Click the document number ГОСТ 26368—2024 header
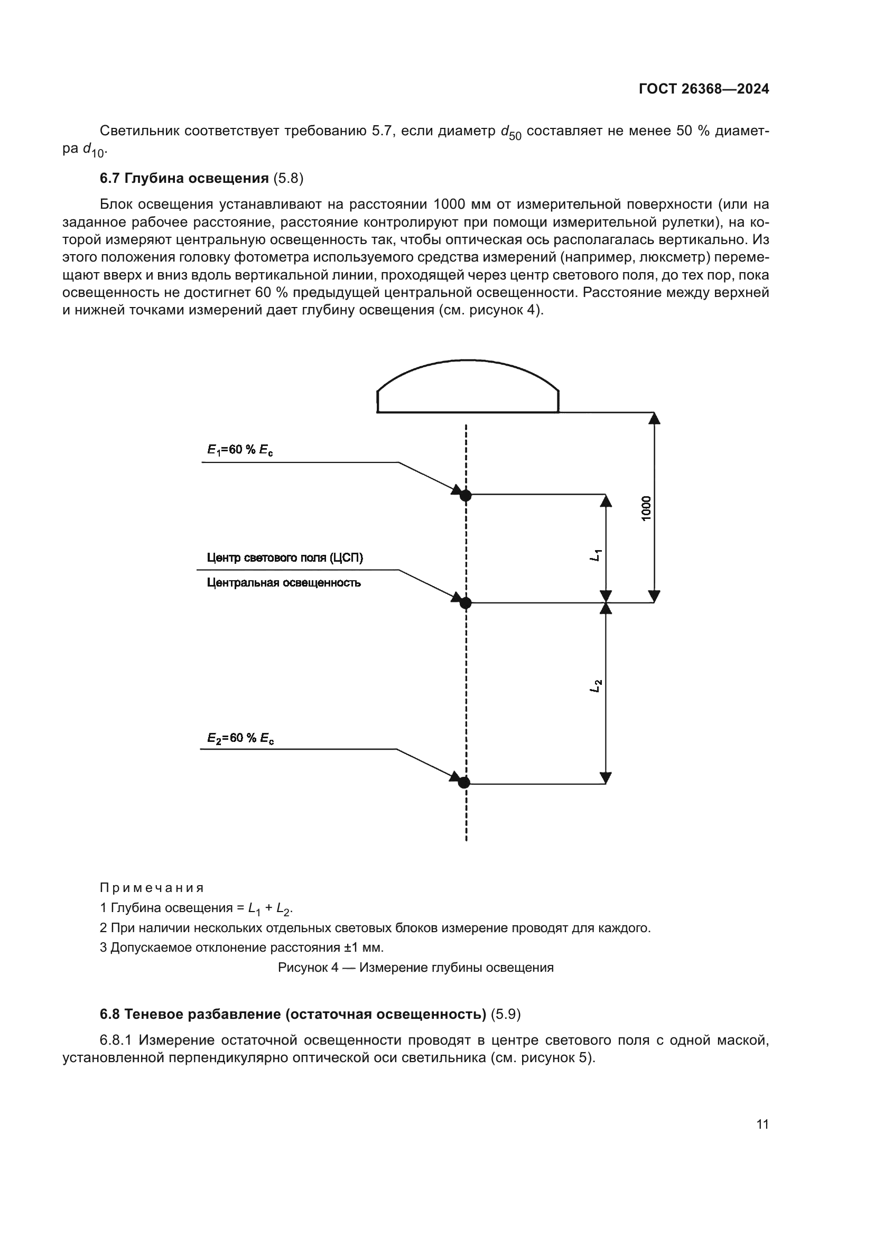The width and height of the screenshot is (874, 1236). coord(703,89)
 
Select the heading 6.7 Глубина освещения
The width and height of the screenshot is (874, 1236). coord(184,178)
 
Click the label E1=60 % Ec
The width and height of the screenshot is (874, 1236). coord(240,450)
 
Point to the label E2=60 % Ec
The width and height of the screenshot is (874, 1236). coord(240,738)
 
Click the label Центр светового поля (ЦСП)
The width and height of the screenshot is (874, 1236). coord(285,557)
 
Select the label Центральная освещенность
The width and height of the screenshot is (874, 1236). coord(284,582)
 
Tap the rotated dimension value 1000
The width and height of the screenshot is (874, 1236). coord(646,508)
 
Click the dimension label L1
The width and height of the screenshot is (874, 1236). coord(596,555)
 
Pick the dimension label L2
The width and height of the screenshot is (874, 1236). coord(596,686)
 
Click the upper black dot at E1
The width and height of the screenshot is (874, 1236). coord(466,495)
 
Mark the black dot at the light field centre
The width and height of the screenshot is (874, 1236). coord(466,603)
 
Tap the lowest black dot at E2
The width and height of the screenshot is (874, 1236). coord(464,782)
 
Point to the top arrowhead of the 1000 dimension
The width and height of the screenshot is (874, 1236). coord(654,419)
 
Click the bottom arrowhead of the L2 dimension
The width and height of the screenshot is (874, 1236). coord(606,778)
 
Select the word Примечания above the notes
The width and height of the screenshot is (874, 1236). coord(152,887)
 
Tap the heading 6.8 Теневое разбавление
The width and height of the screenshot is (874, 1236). coord(293,1014)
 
